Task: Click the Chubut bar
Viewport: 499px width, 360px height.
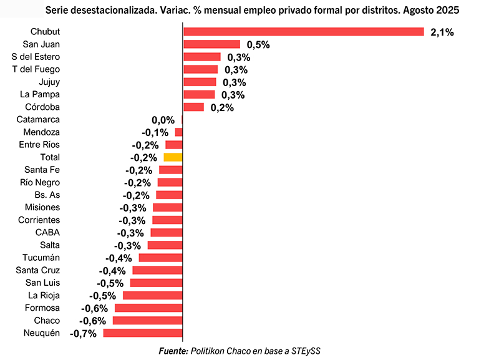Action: coord(303,32)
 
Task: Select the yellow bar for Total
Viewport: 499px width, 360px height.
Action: coord(173,157)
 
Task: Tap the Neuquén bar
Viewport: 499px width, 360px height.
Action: coord(143,333)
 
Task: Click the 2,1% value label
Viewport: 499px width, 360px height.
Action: coord(442,32)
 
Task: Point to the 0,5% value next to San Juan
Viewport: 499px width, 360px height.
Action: coord(258,45)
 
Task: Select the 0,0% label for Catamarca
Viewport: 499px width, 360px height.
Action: coord(163,120)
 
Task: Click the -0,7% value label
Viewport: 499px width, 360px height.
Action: coord(84,333)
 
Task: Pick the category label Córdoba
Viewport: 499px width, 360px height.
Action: coord(42,107)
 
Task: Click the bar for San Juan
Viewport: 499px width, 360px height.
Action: coord(211,44)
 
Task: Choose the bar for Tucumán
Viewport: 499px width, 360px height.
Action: coord(160,258)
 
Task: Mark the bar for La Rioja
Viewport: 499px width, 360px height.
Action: coord(153,295)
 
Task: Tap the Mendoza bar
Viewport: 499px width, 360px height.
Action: coord(178,132)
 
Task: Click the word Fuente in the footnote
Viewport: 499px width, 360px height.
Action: coord(173,351)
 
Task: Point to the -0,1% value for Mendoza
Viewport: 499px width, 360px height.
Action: coord(155,132)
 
